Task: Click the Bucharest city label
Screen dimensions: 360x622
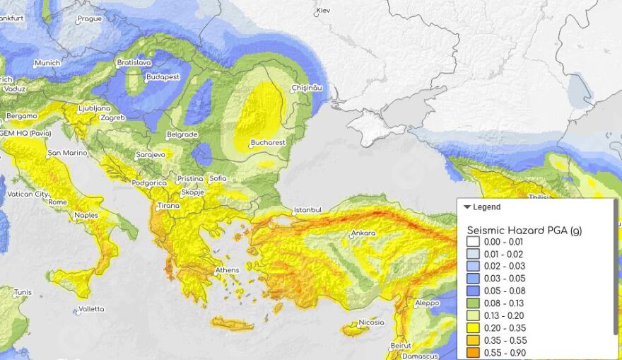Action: click(x=269, y=143)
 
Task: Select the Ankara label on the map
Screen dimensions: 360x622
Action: click(x=363, y=233)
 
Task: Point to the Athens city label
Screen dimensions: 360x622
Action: click(x=227, y=270)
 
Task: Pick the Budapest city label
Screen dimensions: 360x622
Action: click(x=163, y=77)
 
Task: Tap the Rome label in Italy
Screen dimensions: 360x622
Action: click(x=57, y=202)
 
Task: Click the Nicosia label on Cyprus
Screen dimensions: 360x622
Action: click(x=371, y=323)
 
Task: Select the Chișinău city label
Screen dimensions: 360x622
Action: click(x=307, y=88)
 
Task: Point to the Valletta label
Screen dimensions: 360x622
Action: click(x=91, y=309)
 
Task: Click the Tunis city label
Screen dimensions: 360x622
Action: click(x=23, y=292)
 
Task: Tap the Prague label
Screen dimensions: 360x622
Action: click(x=89, y=19)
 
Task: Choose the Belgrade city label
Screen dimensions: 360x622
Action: click(x=182, y=134)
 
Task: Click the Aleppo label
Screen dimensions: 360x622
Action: click(x=427, y=303)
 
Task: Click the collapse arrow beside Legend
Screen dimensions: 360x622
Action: click(x=467, y=207)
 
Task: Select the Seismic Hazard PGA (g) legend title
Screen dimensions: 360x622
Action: click(x=524, y=231)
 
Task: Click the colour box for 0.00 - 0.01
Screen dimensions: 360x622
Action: click(x=473, y=243)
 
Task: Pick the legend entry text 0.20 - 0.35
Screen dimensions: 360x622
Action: click(x=505, y=328)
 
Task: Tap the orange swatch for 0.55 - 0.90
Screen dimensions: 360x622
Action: click(x=473, y=352)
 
